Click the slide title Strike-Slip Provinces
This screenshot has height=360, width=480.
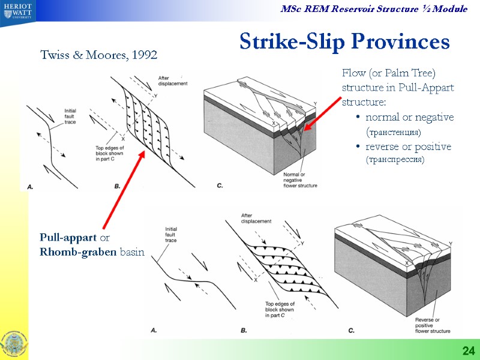pyautogui.click(x=344, y=41)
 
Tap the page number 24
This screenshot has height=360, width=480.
pyautogui.click(x=467, y=350)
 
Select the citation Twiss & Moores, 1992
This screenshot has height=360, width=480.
pyautogui.click(x=98, y=55)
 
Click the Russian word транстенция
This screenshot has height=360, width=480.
pyautogui.click(x=393, y=131)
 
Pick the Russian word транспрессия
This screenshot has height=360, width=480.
pyautogui.click(x=395, y=160)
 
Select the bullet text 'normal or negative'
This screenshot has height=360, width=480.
pyautogui.click(x=409, y=117)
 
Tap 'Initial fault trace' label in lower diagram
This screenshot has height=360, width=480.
pyautogui.click(x=173, y=233)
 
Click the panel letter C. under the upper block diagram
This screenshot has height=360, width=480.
pyautogui.click(x=220, y=186)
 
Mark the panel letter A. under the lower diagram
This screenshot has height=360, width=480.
pyautogui.click(x=154, y=329)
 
